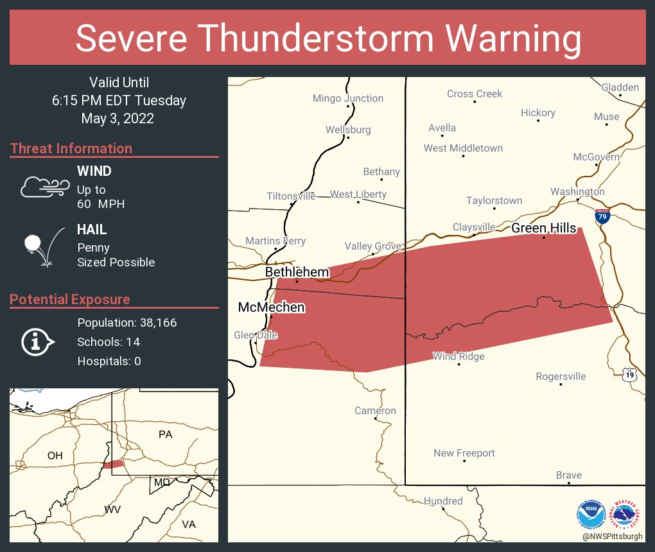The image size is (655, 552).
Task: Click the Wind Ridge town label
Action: point(459,356)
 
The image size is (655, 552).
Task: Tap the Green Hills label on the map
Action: point(543,228)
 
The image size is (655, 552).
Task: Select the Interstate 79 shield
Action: point(602,216)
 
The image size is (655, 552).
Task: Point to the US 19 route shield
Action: point(631,374)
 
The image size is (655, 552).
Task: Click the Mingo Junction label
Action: point(347,98)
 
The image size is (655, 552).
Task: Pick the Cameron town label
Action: point(375,411)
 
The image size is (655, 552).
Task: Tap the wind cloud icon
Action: point(44,187)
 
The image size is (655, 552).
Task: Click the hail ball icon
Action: point(33,244)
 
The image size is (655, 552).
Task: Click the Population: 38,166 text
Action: point(127,323)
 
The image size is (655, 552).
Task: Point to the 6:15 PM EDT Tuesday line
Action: point(119,101)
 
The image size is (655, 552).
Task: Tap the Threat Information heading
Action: point(71,149)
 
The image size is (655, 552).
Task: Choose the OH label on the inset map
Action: point(55,456)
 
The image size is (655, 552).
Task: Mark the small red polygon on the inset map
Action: point(113,463)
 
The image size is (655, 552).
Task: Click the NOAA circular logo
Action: point(591,513)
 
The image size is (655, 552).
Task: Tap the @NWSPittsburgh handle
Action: point(612,536)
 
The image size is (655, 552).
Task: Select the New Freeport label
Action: point(464,453)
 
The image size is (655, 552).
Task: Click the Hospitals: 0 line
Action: point(109,361)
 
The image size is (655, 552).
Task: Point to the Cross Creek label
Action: point(474,94)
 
